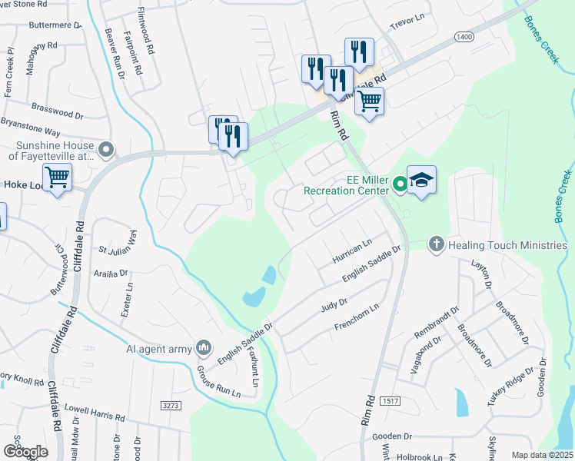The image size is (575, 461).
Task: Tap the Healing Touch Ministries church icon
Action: [436, 244]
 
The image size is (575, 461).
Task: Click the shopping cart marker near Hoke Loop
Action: [58, 178]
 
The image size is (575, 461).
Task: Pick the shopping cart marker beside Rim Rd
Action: [370, 101]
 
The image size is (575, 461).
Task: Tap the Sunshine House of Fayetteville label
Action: [51, 149]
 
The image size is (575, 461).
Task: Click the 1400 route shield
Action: [464, 36]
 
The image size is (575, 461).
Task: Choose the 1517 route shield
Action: [391, 401]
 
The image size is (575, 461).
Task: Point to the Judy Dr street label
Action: [334, 306]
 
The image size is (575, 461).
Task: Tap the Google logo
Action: [25, 452]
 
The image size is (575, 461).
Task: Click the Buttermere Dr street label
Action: [54, 25]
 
